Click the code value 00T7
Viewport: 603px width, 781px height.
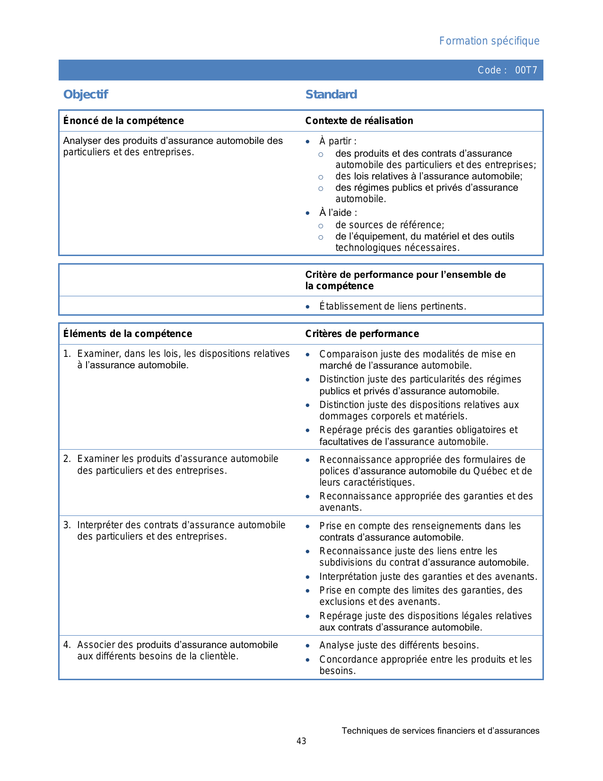[526, 70]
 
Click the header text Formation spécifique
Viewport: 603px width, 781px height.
[489, 41]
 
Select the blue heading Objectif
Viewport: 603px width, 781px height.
[86, 94]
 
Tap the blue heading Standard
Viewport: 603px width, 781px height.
[331, 94]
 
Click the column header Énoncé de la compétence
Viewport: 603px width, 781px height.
[123, 121]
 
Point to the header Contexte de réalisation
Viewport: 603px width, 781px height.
[359, 121]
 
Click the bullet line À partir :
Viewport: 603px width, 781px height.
[338, 141]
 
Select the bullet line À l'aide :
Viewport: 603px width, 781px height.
[338, 213]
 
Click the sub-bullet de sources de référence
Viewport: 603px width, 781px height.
[390, 225]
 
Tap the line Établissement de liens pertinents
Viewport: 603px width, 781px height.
[393, 306]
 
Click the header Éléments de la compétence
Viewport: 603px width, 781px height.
[128, 334]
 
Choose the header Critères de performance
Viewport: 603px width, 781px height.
[362, 334]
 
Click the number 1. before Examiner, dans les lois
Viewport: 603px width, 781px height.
[67, 354]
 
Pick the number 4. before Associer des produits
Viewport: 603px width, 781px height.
[67, 645]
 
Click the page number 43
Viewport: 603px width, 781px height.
[301, 741]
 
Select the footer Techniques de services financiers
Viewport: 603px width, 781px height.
[440, 731]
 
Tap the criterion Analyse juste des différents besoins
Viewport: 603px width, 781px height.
[399, 645]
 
